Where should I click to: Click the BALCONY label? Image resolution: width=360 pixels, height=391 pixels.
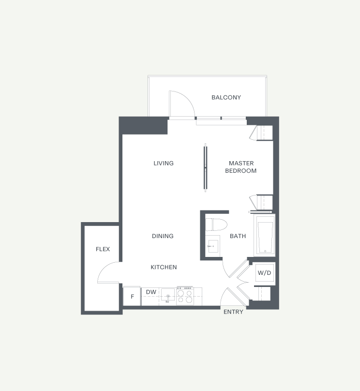pyautogui.click(x=226, y=97)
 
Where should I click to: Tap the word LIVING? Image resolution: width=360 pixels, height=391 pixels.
pyautogui.click(x=164, y=164)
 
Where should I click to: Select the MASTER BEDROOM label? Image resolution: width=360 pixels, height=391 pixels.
pyautogui.click(x=241, y=167)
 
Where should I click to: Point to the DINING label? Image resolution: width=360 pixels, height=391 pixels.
pyautogui.click(x=163, y=236)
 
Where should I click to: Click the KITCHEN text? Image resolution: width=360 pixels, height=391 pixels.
pyautogui.click(x=164, y=267)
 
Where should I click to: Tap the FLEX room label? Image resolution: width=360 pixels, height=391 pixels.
pyautogui.click(x=103, y=249)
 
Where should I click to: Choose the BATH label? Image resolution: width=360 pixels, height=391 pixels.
pyautogui.click(x=238, y=236)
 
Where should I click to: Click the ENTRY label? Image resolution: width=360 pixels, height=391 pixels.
pyautogui.click(x=233, y=312)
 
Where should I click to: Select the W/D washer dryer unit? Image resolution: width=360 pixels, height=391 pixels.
pyautogui.click(x=264, y=273)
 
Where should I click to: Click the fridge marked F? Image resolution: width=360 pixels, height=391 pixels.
pyautogui.click(x=132, y=296)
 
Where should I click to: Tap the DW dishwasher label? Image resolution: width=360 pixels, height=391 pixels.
pyautogui.click(x=151, y=292)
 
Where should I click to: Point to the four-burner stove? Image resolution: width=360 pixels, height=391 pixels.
pyautogui.click(x=185, y=296)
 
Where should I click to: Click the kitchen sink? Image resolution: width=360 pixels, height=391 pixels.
pyautogui.click(x=168, y=296)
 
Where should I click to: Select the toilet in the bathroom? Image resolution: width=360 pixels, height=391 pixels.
pyautogui.click(x=216, y=225)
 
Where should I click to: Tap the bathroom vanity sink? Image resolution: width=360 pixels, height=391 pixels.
pyautogui.click(x=212, y=246)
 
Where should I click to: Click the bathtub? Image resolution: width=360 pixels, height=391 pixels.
pyautogui.click(x=265, y=235)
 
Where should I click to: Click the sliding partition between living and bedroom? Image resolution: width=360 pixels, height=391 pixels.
pyautogui.click(x=206, y=167)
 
